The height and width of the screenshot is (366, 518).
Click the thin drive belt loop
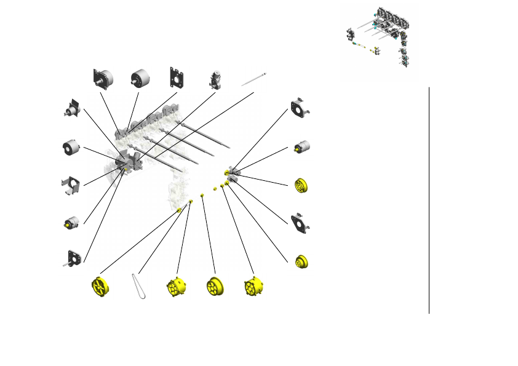coord(139,287)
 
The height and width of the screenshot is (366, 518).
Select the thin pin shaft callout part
coord(254,79)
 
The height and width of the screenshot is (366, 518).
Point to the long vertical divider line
coord(429,200)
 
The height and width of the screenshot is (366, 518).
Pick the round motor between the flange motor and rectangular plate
coord(140,78)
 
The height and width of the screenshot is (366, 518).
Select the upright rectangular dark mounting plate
coord(178,79)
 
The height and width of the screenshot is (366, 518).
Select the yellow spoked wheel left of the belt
coord(99,287)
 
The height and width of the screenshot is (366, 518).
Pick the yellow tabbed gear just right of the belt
coord(176,287)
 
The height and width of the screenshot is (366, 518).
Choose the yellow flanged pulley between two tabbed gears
coord(215,287)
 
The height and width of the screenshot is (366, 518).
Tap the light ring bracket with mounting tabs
coord(300,108)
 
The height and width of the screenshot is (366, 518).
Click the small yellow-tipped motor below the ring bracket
coord(301,146)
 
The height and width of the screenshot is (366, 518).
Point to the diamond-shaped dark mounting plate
coord(301,223)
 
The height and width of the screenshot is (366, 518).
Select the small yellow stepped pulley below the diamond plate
coord(301,262)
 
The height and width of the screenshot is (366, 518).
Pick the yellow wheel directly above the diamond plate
coord(301,185)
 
